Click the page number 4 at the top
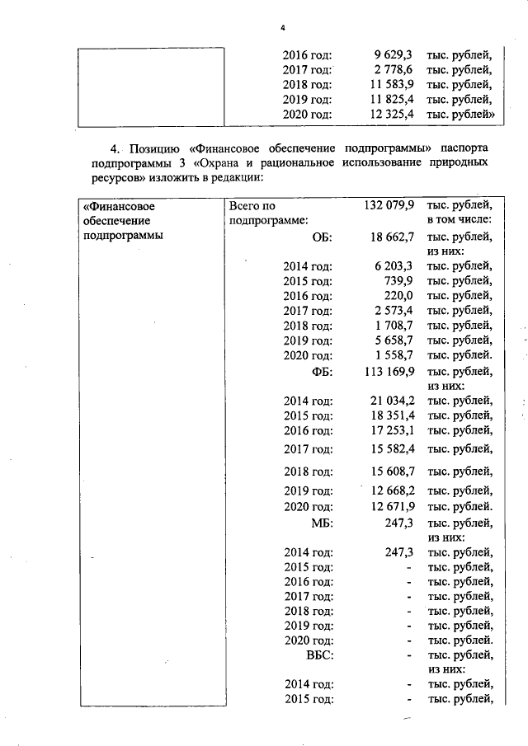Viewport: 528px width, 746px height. [x=282, y=28]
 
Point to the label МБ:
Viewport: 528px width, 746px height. [x=320, y=523]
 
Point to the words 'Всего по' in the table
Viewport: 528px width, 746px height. [x=252, y=206]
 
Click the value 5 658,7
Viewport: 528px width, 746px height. [x=393, y=340]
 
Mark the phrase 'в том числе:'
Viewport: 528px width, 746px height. [x=460, y=220]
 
